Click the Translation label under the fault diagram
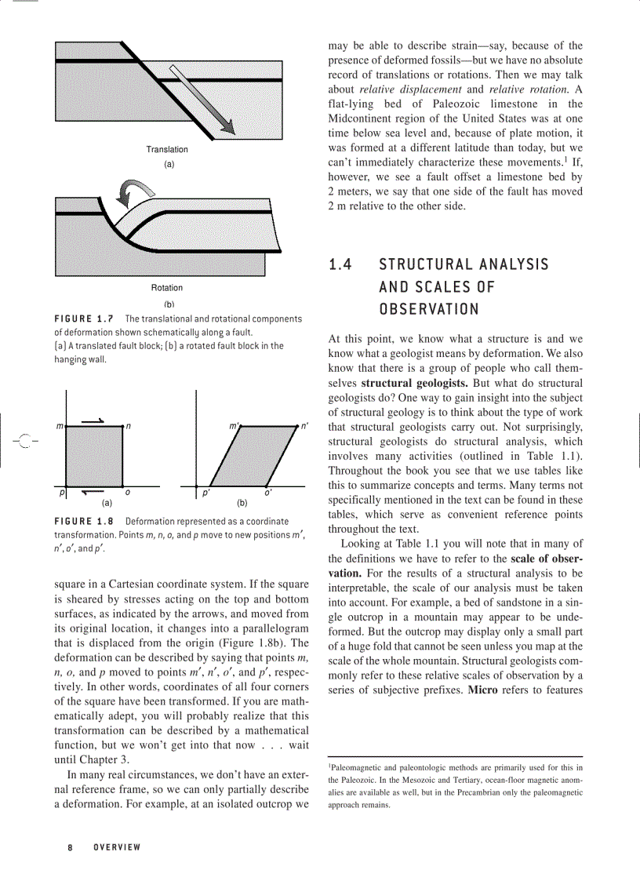(167, 149)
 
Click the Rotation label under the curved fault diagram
(167, 288)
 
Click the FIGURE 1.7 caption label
(85, 319)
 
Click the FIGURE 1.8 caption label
(85, 522)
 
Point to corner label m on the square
(60, 426)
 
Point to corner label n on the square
(128, 426)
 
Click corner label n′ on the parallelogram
(305, 426)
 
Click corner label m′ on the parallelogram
(233, 426)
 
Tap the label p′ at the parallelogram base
(205, 493)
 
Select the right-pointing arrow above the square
(93, 420)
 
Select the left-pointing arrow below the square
(93, 493)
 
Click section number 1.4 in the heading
(340, 264)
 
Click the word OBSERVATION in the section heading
(428, 308)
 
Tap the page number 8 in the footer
(70, 847)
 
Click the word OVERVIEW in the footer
(117, 847)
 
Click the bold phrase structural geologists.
(415, 383)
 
